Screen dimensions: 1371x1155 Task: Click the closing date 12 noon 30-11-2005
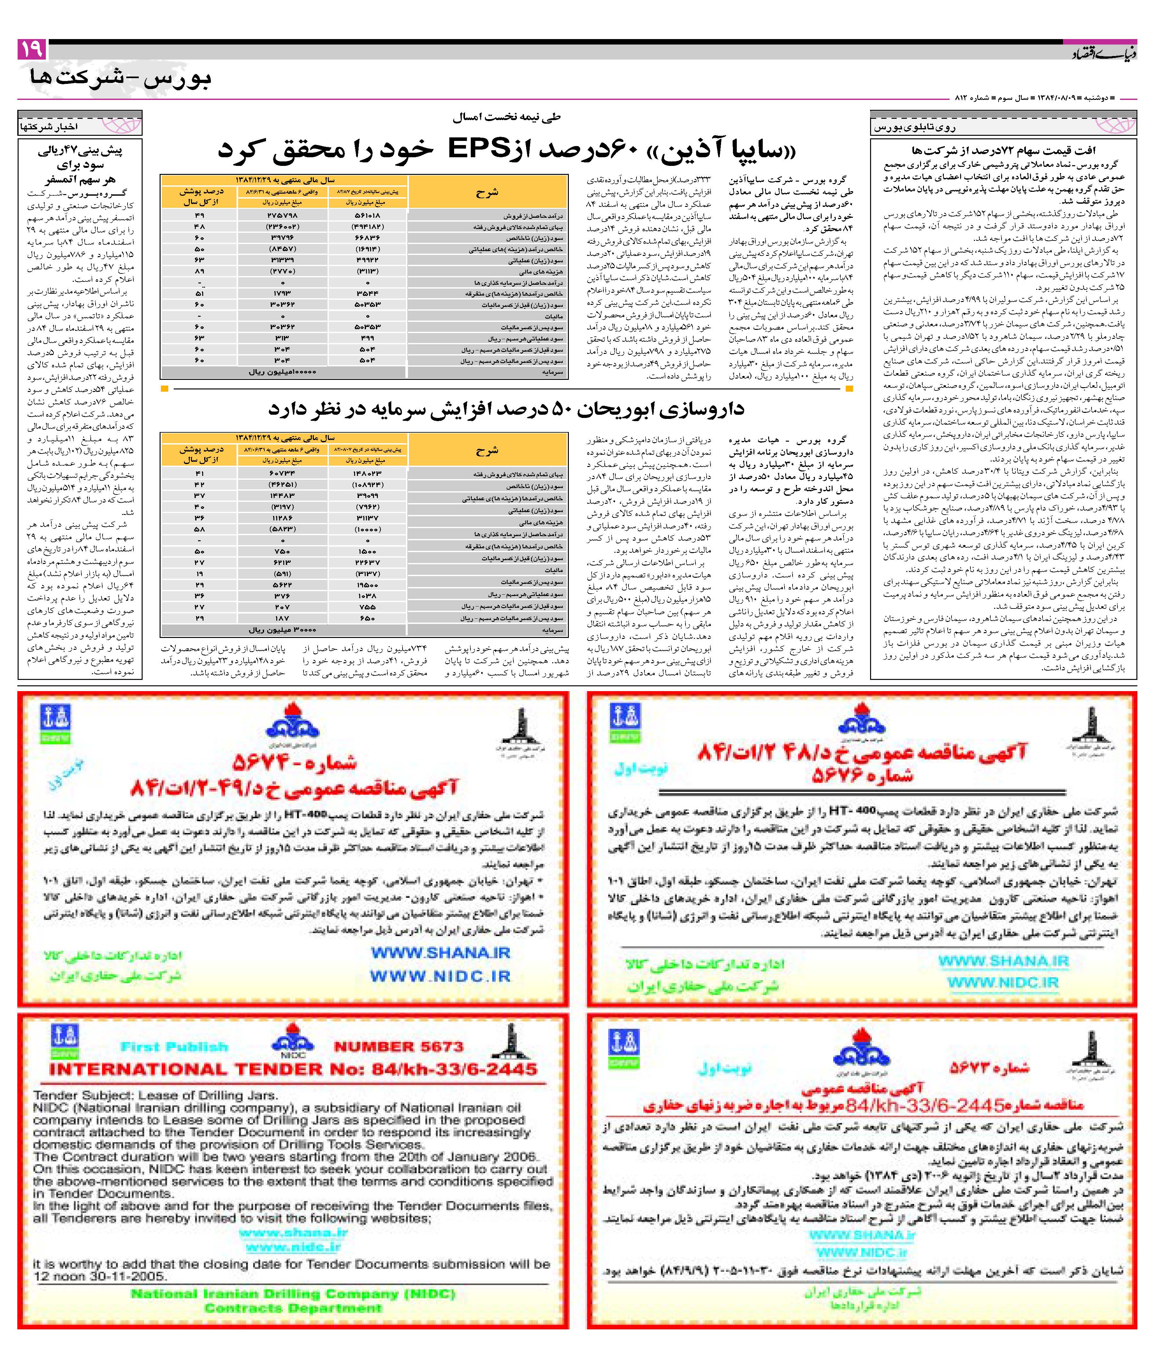point(100,1276)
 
